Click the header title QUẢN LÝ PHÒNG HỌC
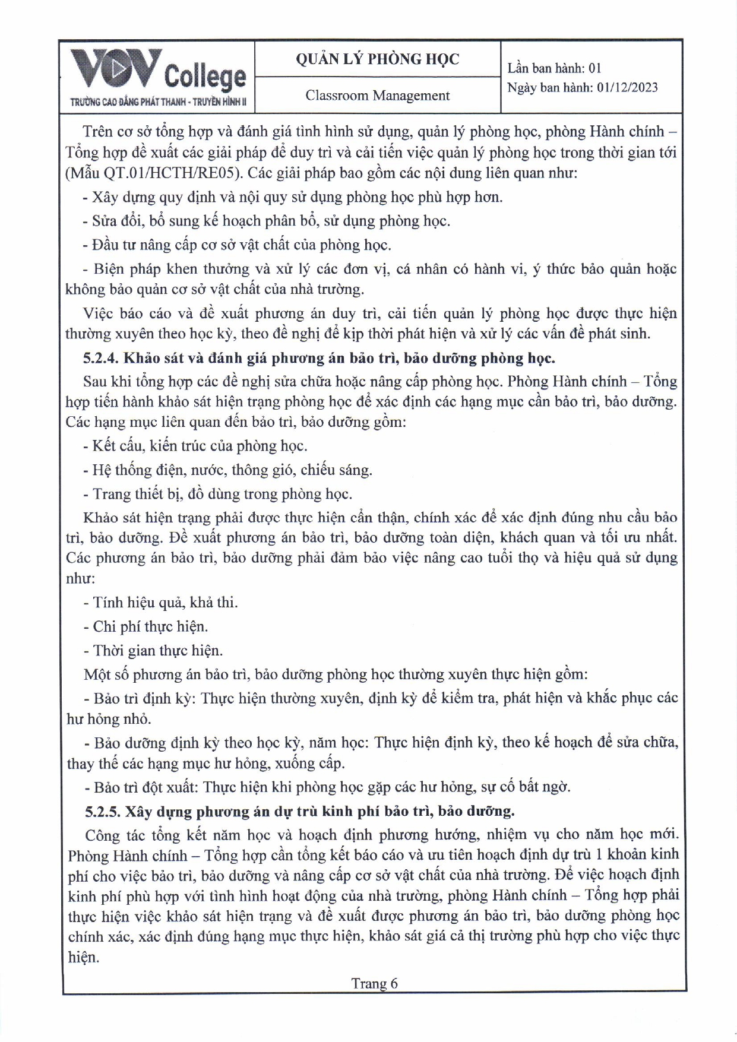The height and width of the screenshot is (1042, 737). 377,59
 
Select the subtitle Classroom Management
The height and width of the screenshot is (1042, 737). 377,96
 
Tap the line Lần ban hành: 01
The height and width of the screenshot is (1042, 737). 554,68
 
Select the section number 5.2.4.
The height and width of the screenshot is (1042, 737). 102,358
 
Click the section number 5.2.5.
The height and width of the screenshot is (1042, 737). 102,811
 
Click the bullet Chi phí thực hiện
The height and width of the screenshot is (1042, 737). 150,626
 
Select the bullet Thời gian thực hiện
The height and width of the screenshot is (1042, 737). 157,651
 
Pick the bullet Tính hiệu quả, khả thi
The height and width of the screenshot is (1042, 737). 165,603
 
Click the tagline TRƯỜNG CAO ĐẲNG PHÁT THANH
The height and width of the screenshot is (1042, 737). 157,102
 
